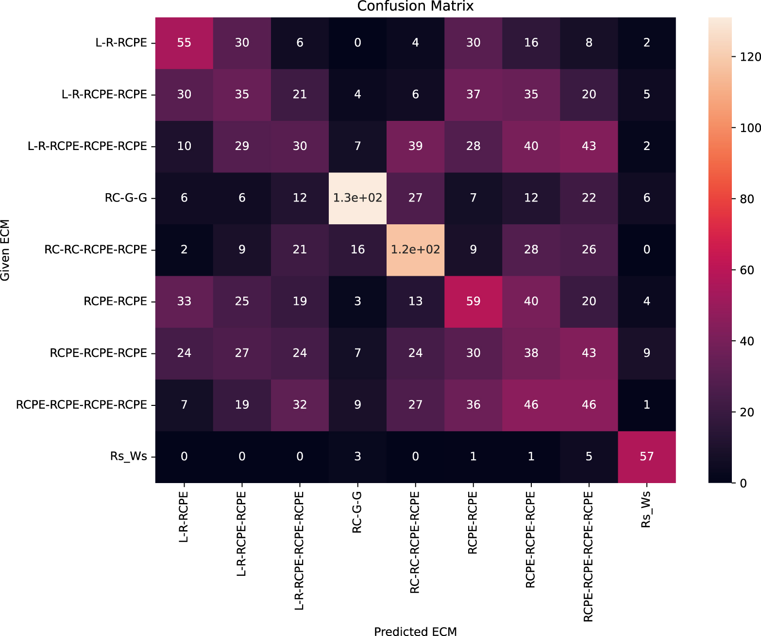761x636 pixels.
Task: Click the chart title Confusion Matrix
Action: coord(415,6)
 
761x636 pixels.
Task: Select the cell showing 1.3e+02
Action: coord(357,198)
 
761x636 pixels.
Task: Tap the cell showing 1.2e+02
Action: coord(415,250)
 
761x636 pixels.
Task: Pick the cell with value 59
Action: coord(473,301)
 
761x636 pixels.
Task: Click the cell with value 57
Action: coord(646,456)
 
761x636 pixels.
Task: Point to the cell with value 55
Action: coord(184,43)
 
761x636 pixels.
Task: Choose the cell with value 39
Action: coord(415,146)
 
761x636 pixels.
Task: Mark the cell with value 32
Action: coord(300,405)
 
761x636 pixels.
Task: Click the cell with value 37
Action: coord(473,95)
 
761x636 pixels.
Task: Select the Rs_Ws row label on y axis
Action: coord(128,456)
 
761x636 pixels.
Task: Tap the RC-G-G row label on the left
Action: coord(126,198)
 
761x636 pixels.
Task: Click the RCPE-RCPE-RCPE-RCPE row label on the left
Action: coord(82,405)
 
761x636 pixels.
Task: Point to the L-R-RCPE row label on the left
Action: coord(121,43)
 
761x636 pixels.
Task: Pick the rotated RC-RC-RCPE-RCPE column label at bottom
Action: coord(415,542)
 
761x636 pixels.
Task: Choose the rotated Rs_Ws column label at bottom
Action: coord(646,510)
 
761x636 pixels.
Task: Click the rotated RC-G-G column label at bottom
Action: coord(357,512)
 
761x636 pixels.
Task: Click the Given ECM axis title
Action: coord(5,250)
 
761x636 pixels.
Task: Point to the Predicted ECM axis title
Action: coord(415,631)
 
